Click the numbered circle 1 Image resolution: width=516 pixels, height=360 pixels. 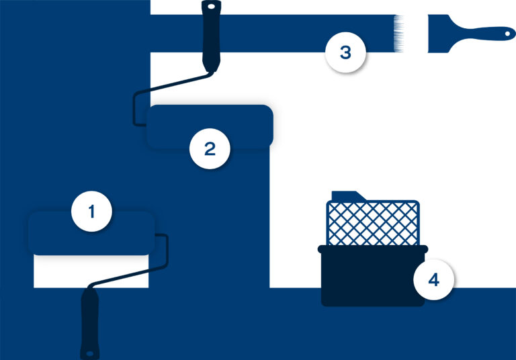click(x=91, y=212)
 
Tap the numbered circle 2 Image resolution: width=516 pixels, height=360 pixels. click(x=210, y=148)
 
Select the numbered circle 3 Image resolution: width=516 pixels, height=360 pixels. click(x=345, y=52)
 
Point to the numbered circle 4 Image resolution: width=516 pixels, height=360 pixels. click(x=434, y=279)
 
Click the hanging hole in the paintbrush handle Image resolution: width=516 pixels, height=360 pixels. click(x=508, y=34)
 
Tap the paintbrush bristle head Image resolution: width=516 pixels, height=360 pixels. click(x=438, y=34)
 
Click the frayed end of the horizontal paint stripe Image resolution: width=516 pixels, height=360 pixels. click(x=399, y=34)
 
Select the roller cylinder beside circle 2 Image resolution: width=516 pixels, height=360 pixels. click(x=210, y=127)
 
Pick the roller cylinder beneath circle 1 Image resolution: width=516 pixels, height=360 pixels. click(x=91, y=233)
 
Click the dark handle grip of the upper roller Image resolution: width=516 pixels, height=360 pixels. click(x=211, y=36)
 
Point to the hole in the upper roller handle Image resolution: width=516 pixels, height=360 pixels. click(x=211, y=6)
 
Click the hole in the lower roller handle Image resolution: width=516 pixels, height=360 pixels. click(x=90, y=354)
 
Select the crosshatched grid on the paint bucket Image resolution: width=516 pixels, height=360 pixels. click(x=373, y=223)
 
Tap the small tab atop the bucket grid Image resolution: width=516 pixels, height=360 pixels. click(x=348, y=196)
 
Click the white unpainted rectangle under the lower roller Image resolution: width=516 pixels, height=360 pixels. click(x=91, y=271)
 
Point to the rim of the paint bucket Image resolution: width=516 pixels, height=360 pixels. click(x=373, y=249)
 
